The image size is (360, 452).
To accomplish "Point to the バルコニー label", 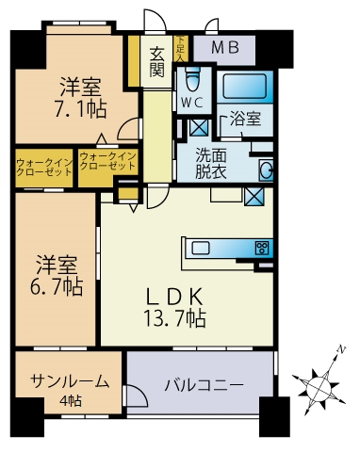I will (204, 384).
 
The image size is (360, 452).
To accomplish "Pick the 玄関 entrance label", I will (157, 61).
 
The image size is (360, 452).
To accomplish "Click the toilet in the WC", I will (193, 77).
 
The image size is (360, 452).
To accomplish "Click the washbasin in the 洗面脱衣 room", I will (267, 169).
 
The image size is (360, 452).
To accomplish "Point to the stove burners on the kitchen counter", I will (262, 249).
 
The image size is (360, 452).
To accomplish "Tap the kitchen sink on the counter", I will (203, 249).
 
